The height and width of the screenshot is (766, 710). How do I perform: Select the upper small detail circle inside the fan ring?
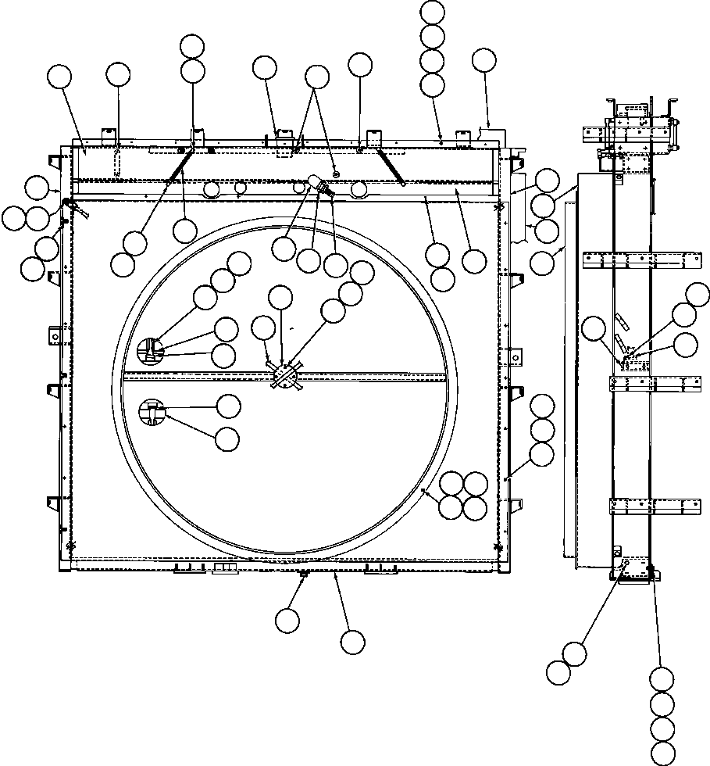(152, 350)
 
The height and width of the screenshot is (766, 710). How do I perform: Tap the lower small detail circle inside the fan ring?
(152, 412)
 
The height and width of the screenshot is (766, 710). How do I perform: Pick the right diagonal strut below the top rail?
(391, 166)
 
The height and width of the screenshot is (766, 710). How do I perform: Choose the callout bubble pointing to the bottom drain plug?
(287, 620)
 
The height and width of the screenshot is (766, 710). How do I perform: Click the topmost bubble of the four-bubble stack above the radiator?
(432, 12)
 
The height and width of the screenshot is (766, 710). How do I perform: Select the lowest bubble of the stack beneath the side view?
(662, 753)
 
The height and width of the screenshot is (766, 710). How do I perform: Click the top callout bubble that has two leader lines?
(316, 76)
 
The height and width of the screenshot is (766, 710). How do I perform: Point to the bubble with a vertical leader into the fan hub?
(280, 297)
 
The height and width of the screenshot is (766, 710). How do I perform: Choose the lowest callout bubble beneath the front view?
(352, 642)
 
